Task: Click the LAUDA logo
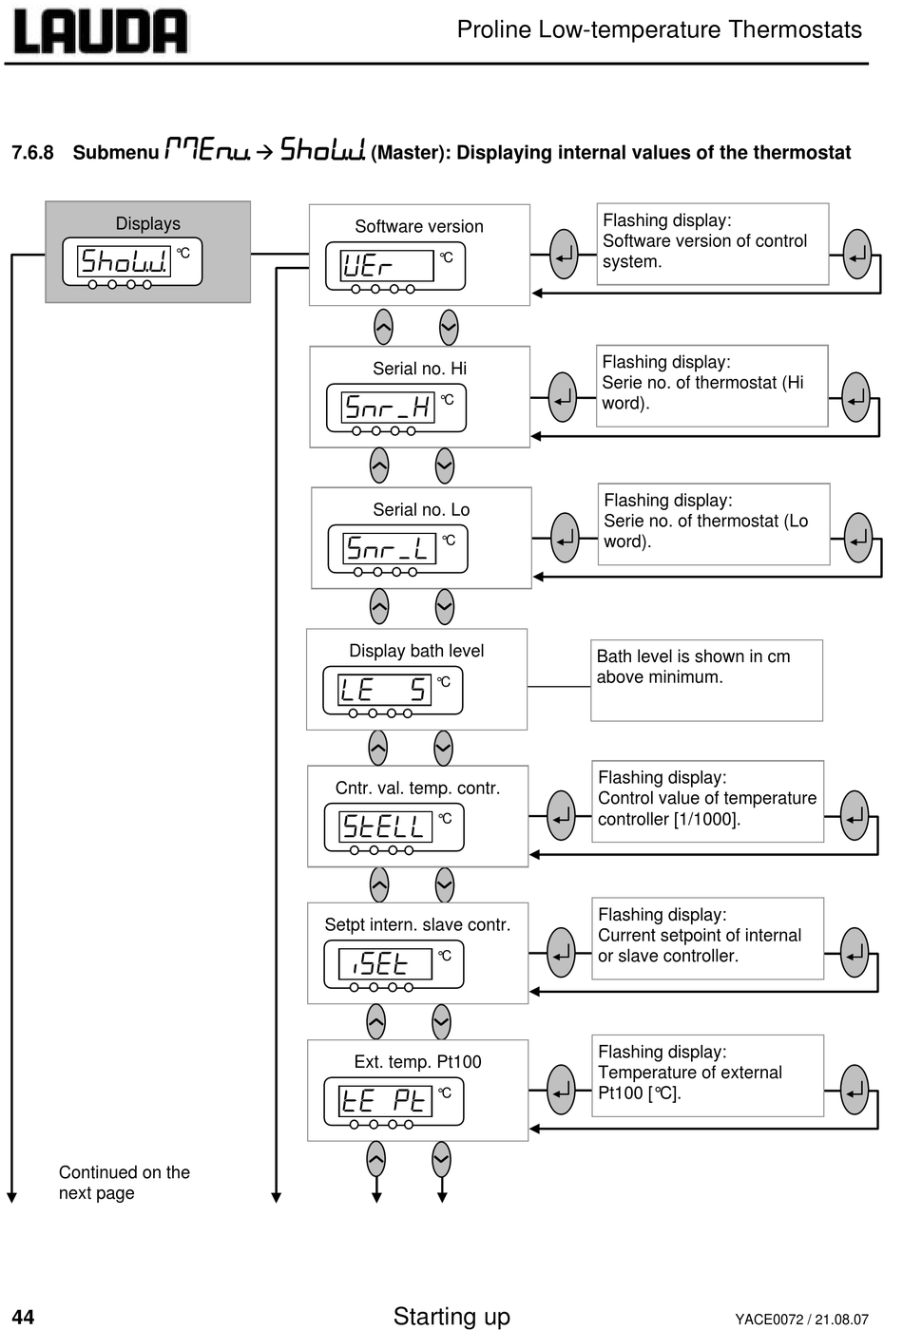[101, 30]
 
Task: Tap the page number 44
[23, 1317]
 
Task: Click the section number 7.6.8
[32, 153]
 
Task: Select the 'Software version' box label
[419, 226]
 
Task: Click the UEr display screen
[387, 265]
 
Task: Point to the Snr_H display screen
[388, 408]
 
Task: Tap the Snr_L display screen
[389, 548]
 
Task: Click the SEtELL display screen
[385, 826]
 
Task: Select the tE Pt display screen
[385, 1101]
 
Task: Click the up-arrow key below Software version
[383, 327]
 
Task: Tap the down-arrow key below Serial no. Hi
[445, 465]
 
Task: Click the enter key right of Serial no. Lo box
[565, 538]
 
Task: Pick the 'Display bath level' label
[416, 651]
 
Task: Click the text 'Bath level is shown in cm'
[693, 656]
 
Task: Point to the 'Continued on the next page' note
[125, 1182]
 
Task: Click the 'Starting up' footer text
[451, 1316]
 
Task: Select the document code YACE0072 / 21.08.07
[801, 1320]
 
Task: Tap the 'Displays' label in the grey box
[148, 223]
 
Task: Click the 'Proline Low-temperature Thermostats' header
[660, 29]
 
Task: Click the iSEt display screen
[385, 963]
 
